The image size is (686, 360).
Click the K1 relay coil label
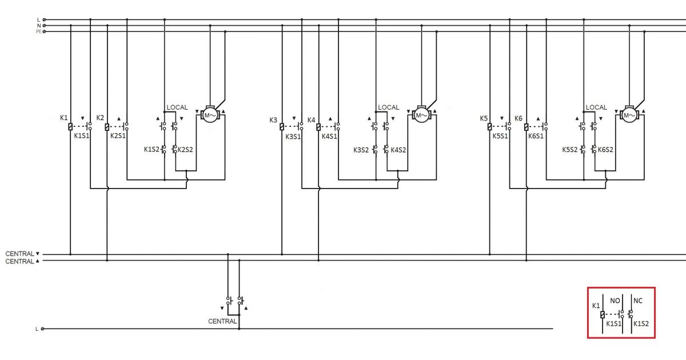click(x=63, y=118)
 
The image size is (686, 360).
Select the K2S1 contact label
click(x=118, y=135)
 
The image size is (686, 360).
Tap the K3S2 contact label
click(x=361, y=150)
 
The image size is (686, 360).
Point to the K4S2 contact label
click(x=398, y=150)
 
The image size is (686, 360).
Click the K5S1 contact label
click(x=500, y=136)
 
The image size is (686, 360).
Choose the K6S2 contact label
click(x=605, y=150)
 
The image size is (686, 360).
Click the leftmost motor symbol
click(x=210, y=115)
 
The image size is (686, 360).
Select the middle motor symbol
click(x=421, y=115)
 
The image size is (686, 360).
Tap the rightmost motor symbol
click(x=629, y=115)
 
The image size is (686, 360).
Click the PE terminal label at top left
click(x=39, y=31)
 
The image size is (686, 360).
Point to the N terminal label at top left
click(x=39, y=26)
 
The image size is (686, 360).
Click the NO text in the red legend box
click(x=615, y=301)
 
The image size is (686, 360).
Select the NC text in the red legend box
click(x=638, y=301)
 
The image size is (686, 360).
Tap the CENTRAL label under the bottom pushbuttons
click(x=222, y=321)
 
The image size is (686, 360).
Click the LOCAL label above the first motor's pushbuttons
click(x=177, y=107)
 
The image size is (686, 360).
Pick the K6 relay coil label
click(x=519, y=118)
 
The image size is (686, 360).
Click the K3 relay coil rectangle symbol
click(x=282, y=127)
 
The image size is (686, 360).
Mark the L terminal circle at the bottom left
click(x=42, y=329)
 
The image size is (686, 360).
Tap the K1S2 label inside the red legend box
click(x=641, y=323)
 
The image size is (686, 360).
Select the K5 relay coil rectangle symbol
click(x=489, y=127)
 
